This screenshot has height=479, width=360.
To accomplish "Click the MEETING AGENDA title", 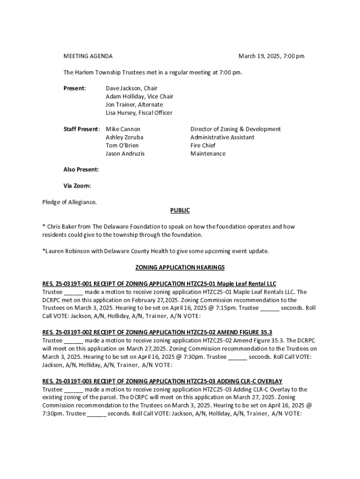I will point(88,56).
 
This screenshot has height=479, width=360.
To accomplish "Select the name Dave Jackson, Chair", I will point(131,88).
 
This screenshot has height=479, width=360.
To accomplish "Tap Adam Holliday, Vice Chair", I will point(139,96).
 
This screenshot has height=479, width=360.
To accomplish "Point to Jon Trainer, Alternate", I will point(134,105).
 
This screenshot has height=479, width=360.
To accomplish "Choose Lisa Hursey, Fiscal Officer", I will point(139,113).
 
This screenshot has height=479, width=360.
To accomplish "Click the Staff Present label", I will point(81,129).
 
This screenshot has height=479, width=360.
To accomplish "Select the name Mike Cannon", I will point(123,129).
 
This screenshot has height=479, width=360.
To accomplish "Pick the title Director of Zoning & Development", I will point(236,129).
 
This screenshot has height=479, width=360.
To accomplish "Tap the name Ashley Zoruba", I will point(124,138).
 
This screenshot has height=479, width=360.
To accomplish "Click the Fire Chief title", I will point(203,145).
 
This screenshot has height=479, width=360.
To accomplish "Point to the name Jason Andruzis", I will point(125,154).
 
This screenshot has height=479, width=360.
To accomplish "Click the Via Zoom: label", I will point(77,186).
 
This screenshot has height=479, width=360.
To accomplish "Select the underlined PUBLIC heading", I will point(180,210).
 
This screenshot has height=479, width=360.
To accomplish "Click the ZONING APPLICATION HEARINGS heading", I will point(180,268).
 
